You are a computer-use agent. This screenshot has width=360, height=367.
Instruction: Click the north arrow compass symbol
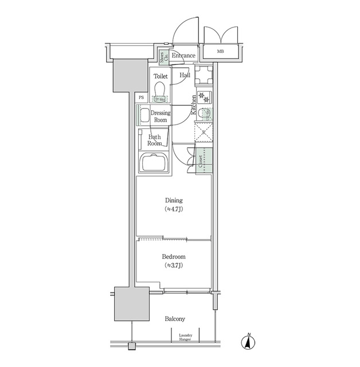coord(248,342)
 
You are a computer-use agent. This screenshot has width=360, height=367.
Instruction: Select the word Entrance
coord(183,56)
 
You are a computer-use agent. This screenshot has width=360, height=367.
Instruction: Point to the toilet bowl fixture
coord(161,90)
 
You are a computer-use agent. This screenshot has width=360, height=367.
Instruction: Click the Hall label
coord(185,75)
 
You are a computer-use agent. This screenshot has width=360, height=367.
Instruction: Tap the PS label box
coord(142,97)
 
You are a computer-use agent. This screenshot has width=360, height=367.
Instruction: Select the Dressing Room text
coord(161,116)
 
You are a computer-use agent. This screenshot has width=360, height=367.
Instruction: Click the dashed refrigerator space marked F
coord(204,135)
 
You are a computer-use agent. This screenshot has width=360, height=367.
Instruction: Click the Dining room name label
coord(173,201)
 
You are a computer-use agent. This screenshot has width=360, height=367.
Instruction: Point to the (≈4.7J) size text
coord(173,209)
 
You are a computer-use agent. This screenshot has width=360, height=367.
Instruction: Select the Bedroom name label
coord(173,257)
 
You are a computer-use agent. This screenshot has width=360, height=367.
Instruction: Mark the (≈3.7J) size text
coord(173,266)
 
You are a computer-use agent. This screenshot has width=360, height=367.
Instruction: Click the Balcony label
coord(174,318)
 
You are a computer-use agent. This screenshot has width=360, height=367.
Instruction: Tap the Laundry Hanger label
coord(185,337)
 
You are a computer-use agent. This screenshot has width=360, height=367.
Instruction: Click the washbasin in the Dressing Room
coord(144,115)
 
